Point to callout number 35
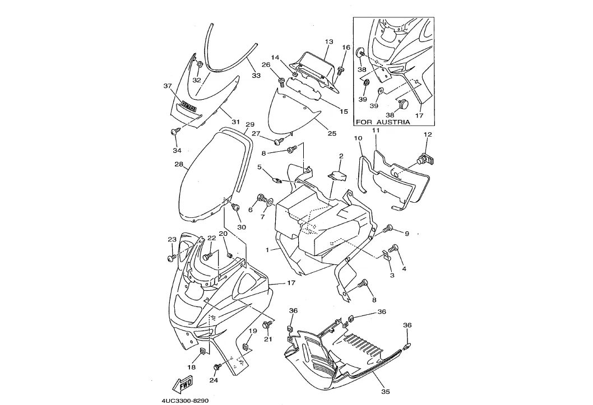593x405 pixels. (x=385, y=392)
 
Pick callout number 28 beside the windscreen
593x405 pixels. (x=179, y=165)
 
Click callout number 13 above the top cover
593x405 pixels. (x=329, y=42)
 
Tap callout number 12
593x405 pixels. (x=428, y=134)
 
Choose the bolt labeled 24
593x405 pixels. (x=216, y=367)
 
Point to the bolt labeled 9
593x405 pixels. (x=388, y=229)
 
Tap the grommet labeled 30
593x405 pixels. (x=236, y=208)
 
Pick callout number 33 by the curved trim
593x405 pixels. (x=256, y=75)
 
